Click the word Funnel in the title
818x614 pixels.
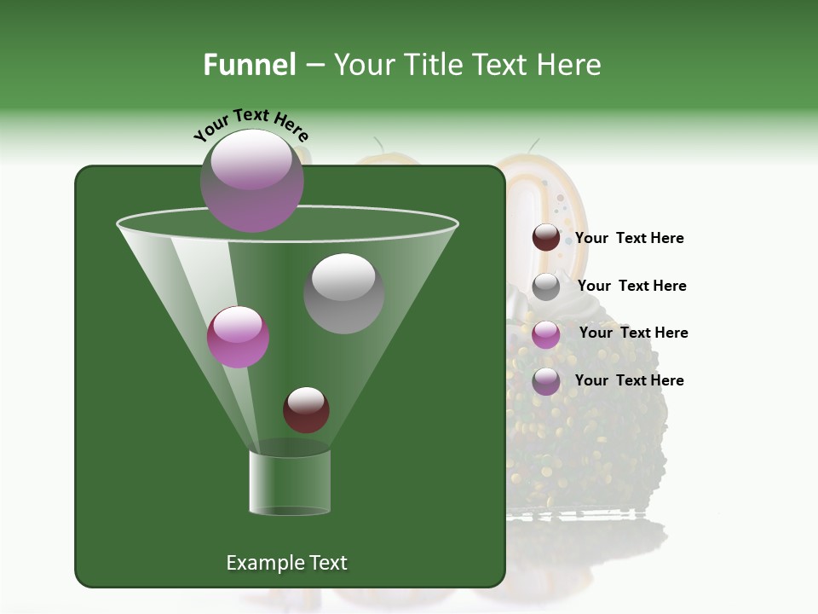point(249,65)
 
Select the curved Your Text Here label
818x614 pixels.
point(251,125)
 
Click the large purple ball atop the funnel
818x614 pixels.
point(252,181)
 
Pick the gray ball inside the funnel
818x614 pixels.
point(343,293)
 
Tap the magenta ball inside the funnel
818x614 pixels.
point(238,336)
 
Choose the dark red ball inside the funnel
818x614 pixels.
point(306,409)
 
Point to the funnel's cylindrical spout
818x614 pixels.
point(290,482)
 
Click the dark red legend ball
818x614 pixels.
point(546,238)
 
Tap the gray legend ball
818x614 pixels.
point(546,287)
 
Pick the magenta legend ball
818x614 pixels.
point(546,334)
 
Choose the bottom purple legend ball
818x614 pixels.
point(546,381)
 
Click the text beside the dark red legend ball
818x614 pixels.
point(629,238)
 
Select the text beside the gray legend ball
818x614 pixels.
point(631,286)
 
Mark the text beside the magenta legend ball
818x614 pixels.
point(633,333)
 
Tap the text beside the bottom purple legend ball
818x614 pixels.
point(629,380)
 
